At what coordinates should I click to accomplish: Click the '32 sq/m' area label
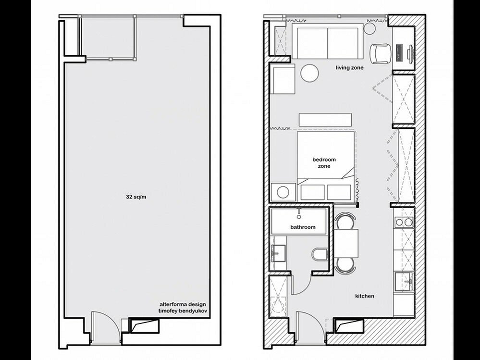coord(136,197)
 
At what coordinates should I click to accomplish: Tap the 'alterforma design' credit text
coord(183,305)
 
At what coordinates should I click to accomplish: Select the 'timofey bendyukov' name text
coord(183,311)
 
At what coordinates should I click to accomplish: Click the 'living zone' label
coord(350,68)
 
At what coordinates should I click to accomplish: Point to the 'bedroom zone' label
coord(324,163)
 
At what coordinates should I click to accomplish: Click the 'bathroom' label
coord(303,227)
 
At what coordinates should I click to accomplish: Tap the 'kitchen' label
coord(365,296)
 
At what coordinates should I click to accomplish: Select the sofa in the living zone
coord(327,41)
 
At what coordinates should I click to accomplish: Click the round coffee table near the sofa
coord(309,73)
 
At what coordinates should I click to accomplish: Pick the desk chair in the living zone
coord(381,53)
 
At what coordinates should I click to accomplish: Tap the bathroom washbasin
coord(278,253)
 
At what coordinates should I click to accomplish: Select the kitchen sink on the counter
coord(404,282)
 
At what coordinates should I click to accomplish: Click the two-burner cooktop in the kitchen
coord(404,221)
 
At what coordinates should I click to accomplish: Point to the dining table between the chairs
coord(346,243)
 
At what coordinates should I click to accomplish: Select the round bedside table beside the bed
coord(283,192)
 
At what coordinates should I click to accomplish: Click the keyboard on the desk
coord(399,52)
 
